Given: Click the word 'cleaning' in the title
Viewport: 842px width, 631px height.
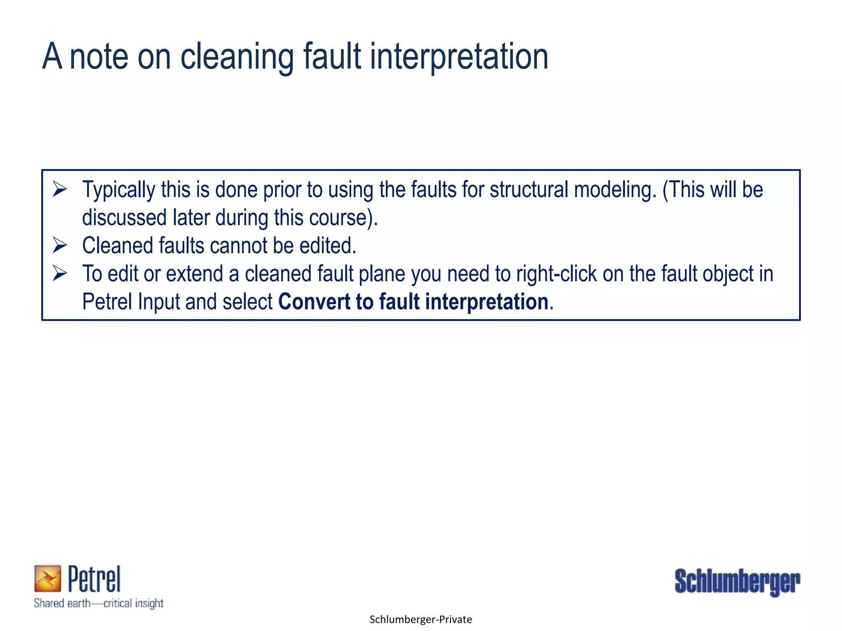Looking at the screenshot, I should coord(237,57).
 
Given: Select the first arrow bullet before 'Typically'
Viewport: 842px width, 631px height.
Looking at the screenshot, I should coord(60,189).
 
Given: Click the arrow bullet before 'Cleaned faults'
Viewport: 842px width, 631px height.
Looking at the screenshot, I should coord(60,245).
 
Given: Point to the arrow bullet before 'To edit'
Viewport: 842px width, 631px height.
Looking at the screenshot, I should coord(60,274).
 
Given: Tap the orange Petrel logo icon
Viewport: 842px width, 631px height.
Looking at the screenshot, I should coord(47,578).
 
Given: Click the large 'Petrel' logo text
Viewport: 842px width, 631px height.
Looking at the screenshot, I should coord(94,579).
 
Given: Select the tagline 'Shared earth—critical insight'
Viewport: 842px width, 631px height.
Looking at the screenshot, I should coord(99,603).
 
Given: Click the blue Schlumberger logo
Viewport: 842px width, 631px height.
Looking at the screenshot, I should coord(737,582).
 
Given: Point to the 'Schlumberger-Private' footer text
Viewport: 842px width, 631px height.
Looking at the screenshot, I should coord(421,619).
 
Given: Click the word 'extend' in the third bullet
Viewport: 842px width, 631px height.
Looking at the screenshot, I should coord(194,274).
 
